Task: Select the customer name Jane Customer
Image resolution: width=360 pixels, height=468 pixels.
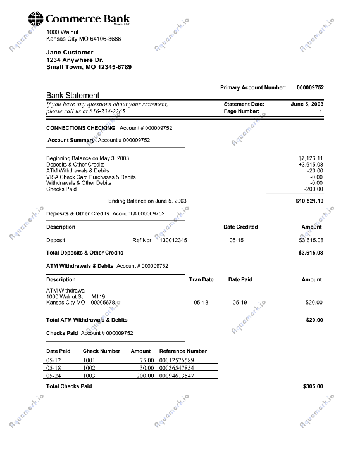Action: point(70,53)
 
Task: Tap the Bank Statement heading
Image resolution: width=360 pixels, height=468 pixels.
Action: point(73,96)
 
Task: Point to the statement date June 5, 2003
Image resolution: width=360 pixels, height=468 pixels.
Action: point(307,104)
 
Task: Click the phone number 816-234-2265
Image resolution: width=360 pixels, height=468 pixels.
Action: point(105,111)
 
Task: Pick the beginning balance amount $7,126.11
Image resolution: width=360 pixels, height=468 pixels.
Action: point(311,158)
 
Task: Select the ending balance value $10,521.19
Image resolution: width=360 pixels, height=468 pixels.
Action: point(309,201)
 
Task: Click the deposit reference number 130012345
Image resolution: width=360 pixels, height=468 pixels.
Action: point(173,240)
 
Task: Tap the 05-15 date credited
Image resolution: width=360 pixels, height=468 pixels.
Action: point(236,240)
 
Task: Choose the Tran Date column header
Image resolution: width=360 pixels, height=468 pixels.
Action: point(201,279)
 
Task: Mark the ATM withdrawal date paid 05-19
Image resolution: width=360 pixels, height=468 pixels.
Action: point(239,303)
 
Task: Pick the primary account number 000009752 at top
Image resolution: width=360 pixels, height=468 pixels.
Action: point(310,87)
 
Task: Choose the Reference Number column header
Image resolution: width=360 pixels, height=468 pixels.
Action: point(183,351)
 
